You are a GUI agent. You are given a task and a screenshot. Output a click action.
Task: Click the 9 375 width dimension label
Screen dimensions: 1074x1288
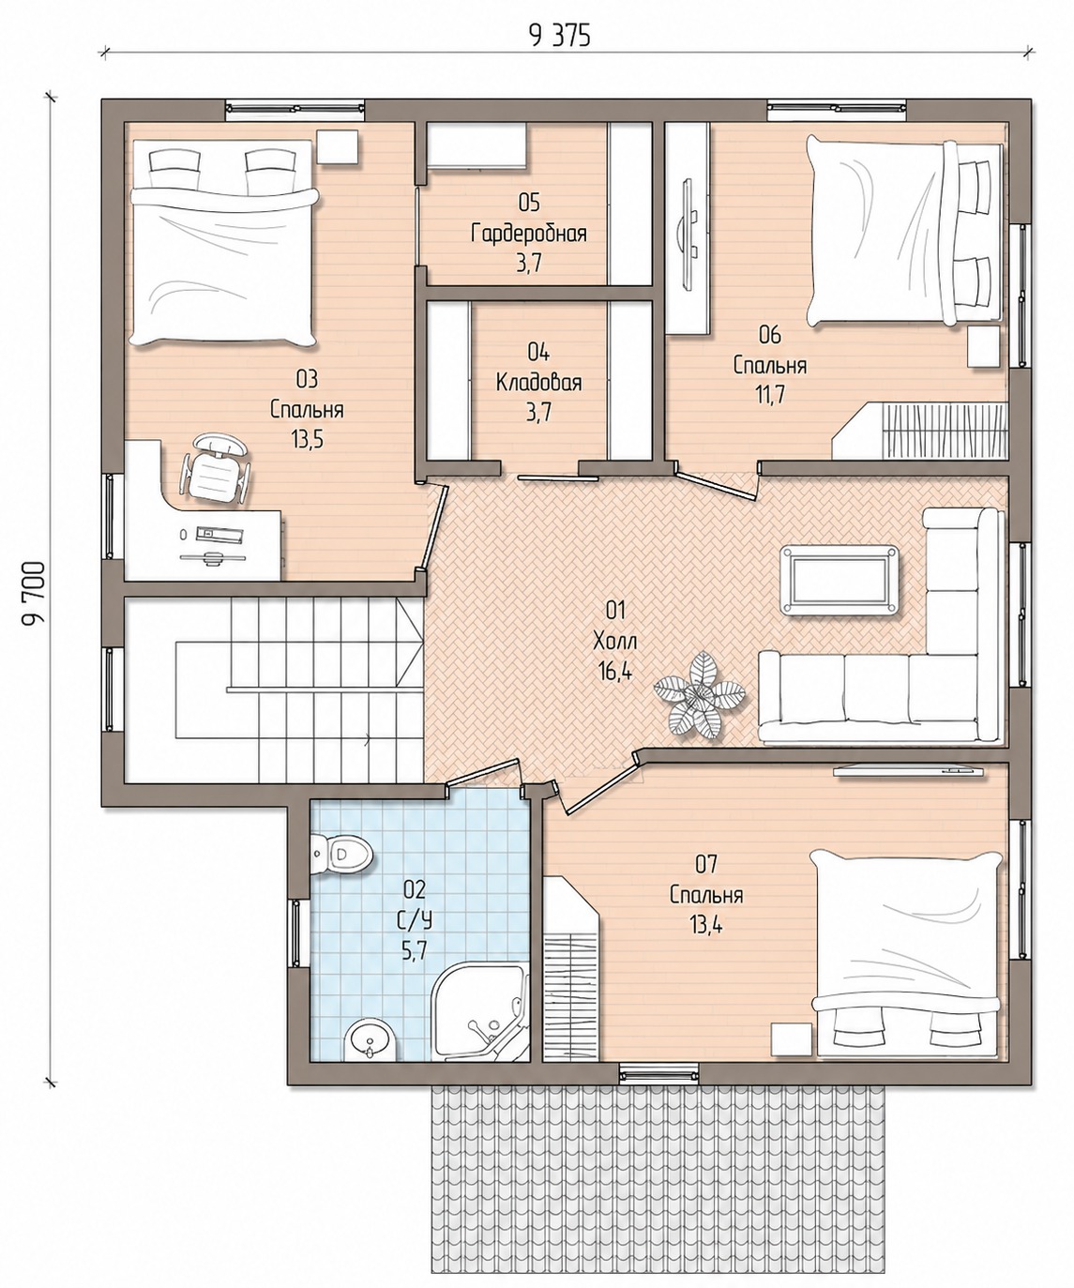(x=560, y=37)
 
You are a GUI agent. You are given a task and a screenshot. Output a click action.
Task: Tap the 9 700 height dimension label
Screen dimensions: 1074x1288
(x=35, y=594)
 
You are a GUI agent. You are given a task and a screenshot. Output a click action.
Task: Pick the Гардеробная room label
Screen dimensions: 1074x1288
(x=529, y=234)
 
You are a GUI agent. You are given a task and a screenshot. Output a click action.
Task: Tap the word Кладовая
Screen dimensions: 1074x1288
(x=538, y=383)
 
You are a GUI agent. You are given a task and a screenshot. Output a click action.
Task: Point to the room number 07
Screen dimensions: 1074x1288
(x=706, y=865)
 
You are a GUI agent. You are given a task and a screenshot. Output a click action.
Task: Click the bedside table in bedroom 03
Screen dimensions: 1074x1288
(x=338, y=147)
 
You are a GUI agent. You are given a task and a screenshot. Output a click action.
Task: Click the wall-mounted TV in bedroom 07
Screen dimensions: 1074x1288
(x=909, y=769)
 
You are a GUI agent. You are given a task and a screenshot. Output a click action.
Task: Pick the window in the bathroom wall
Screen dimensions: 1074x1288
(x=296, y=933)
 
